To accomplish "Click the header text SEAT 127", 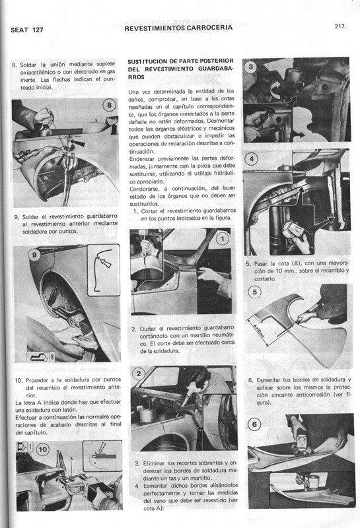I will (27, 30).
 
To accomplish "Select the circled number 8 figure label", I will (109, 106).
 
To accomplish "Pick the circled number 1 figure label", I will (223, 239).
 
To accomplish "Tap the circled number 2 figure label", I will (139, 374).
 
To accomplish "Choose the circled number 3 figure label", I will (250, 67).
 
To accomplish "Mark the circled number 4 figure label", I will (251, 159).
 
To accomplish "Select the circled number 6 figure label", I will (256, 424).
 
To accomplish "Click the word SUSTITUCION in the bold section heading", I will (151, 58).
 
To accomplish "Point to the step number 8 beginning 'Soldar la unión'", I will (15, 64).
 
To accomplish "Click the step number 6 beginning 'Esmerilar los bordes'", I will (250, 380).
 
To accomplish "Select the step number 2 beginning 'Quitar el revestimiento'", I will (133, 329).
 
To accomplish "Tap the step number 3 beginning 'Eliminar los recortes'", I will (137, 463).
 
